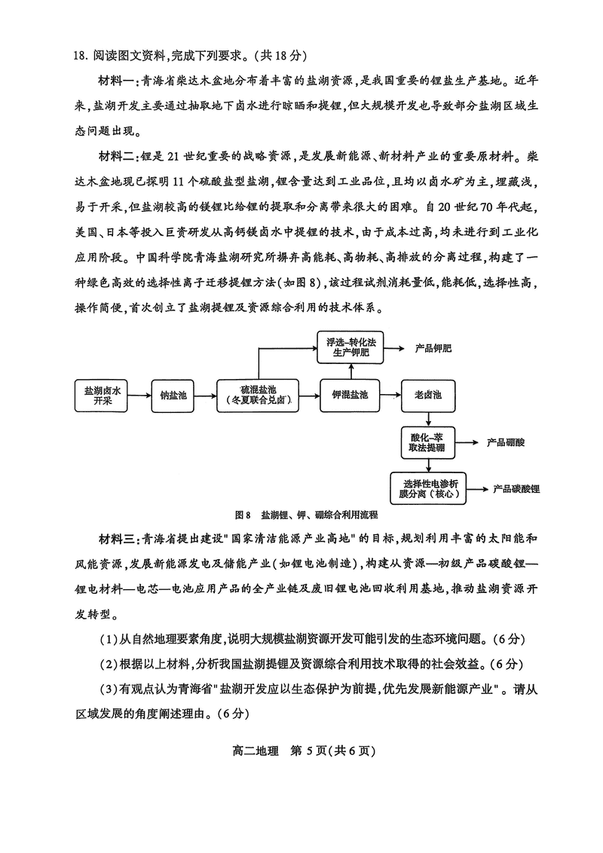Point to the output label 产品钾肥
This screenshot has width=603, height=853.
pyautogui.click(x=433, y=349)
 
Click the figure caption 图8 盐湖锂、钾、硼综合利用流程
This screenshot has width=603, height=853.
pyautogui.click(x=305, y=515)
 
